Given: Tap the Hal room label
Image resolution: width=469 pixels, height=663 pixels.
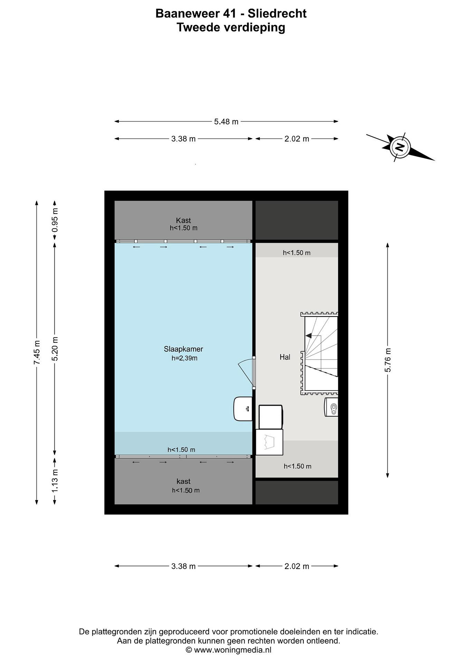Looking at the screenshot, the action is pyautogui.click(x=285, y=357).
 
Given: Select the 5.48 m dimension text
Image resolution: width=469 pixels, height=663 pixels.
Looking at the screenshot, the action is pyautogui.click(x=226, y=122).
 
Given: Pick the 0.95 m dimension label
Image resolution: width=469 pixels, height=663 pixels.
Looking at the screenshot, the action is pyautogui.click(x=55, y=220).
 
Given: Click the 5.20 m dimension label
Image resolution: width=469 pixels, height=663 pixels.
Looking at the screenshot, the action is pyautogui.click(x=55, y=349).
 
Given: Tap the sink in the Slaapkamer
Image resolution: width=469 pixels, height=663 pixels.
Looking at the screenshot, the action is pyautogui.click(x=243, y=409).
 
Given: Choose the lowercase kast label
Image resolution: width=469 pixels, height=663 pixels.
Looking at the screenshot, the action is pyautogui.click(x=183, y=481).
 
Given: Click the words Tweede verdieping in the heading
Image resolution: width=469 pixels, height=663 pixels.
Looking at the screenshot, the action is pyautogui.click(x=231, y=28).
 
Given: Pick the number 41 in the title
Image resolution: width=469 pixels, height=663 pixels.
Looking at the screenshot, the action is pyautogui.click(x=230, y=14).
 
